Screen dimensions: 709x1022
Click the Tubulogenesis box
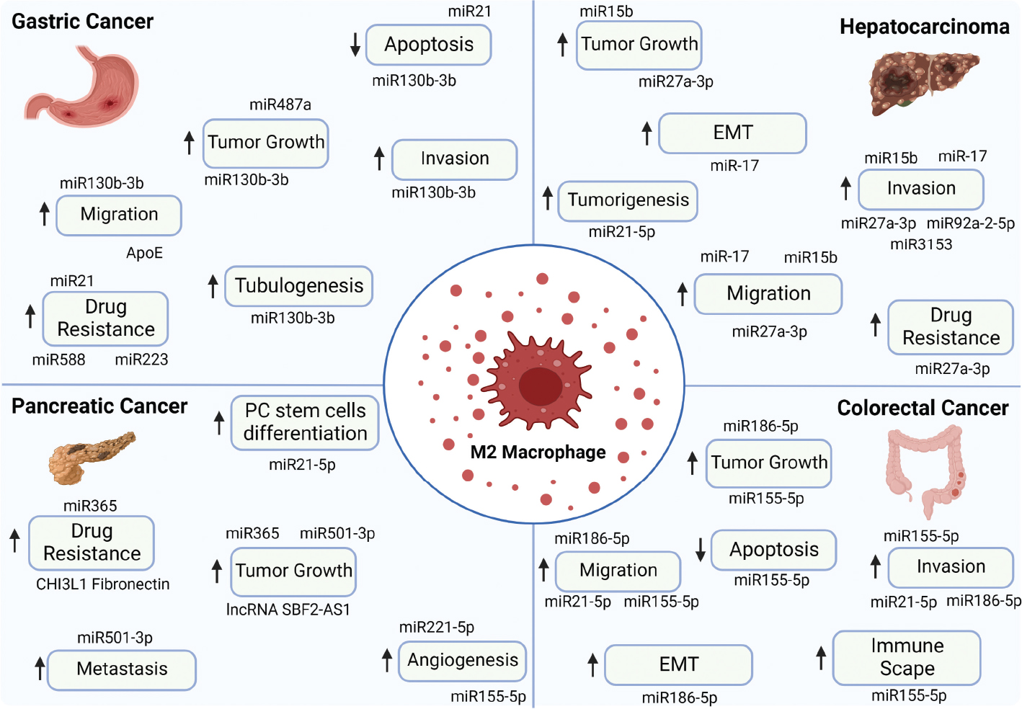[x=298, y=286]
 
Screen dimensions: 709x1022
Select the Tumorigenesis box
[x=628, y=200]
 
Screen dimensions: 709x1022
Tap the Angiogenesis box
[x=463, y=660]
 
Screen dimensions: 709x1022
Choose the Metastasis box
[x=122, y=669]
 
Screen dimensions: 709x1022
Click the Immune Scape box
[x=907, y=657]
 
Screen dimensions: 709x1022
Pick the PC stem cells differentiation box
[x=305, y=422]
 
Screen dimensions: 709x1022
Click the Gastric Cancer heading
[x=82, y=22]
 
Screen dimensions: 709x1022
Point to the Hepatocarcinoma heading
[x=924, y=27]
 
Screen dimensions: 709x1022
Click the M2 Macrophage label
[x=538, y=452]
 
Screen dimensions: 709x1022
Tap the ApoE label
[x=144, y=253]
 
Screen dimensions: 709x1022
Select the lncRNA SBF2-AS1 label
[x=288, y=610]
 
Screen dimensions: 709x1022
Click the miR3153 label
[x=921, y=245]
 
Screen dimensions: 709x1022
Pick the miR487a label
[x=280, y=105]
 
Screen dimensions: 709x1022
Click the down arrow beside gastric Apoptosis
[x=355, y=45]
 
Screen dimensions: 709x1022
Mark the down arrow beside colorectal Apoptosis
[x=701, y=550]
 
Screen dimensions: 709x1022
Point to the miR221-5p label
[x=437, y=628]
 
